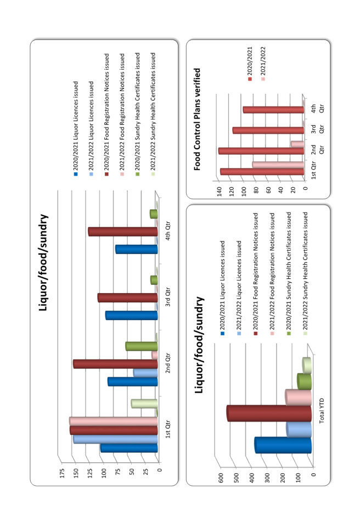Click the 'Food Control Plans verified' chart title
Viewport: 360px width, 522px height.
pyautogui.click(x=198, y=119)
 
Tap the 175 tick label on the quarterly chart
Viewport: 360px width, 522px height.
pyautogui.click(x=62, y=473)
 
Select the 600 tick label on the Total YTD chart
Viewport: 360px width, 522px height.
pyautogui.click(x=221, y=478)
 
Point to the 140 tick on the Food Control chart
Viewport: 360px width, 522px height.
pyautogui.click(x=220, y=192)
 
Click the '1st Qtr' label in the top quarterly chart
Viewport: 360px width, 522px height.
pyautogui.click(x=168, y=429)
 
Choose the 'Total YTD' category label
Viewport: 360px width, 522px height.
pyautogui.click(x=322, y=411)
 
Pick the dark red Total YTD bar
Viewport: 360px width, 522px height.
pyautogui.click(x=269, y=413)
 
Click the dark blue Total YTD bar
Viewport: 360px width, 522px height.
pyautogui.click(x=283, y=445)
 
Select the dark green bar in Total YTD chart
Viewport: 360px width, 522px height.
pyautogui.click(x=304, y=381)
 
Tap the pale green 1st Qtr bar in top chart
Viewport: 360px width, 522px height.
pyautogui.click(x=144, y=404)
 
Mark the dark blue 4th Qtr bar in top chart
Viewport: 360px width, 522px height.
pyautogui.click(x=137, y=249)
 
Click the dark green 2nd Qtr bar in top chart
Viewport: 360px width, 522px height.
pyautogui.click(x=142, y=346)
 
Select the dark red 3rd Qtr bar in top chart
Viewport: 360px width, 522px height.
pyautogui.click(x=127, y=298)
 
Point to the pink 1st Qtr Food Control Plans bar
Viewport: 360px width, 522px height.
pyautogui.click(x=278, y=165)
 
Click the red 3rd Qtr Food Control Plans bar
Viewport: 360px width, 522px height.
pyautogui.click(x=268, y=131)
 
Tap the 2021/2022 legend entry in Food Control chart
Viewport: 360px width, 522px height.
pyautogui.click(x=263, y=64)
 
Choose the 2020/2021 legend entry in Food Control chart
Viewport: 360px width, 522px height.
pyautogui.click(x=250, y=64)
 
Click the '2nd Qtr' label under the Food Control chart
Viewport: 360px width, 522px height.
pyautogui.click(x=317, y=149)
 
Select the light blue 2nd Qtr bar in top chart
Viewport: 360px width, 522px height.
pyautogui.click(x=145, y=373)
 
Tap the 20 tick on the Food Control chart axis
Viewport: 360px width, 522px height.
pyautogui.click(x=293, y=190)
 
